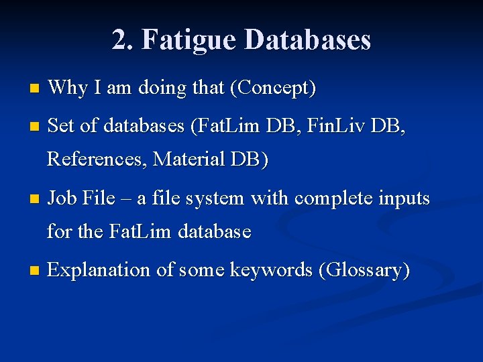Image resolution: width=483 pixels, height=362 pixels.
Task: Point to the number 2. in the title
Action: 122,40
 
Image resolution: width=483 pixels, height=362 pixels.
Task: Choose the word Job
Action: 62,198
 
